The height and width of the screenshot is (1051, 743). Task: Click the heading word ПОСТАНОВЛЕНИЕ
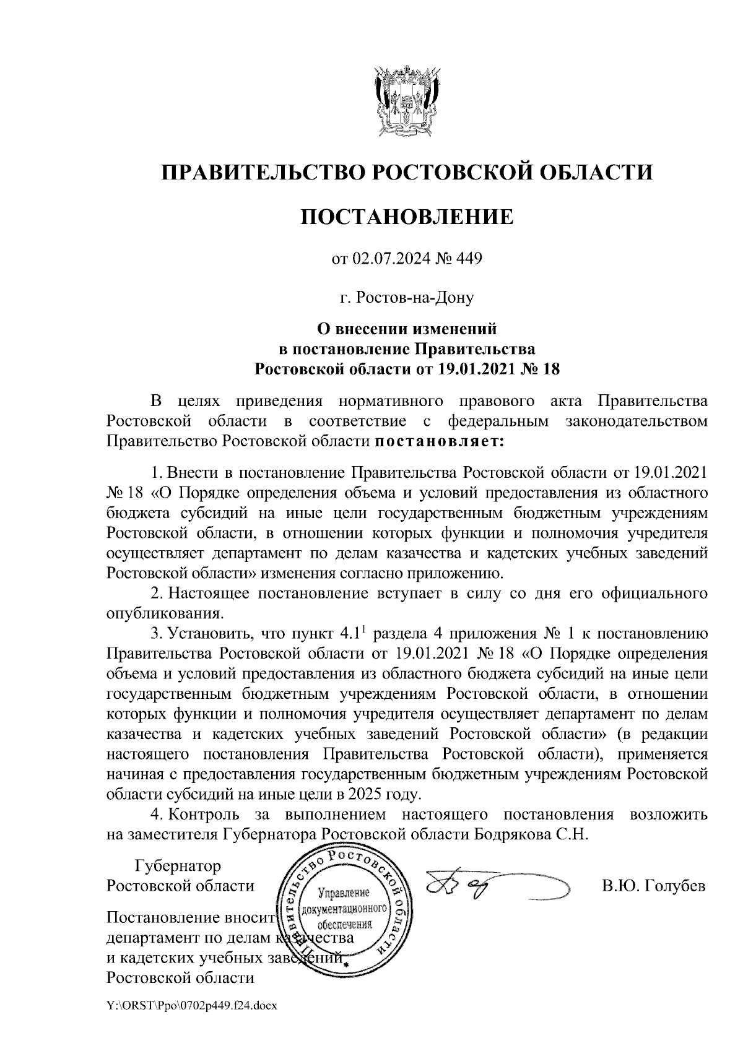coord(407,217)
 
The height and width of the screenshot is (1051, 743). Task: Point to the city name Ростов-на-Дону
coord(407,299)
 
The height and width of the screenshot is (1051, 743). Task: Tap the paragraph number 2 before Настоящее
coord(157,594)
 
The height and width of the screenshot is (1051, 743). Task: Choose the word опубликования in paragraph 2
coord(165,613)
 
